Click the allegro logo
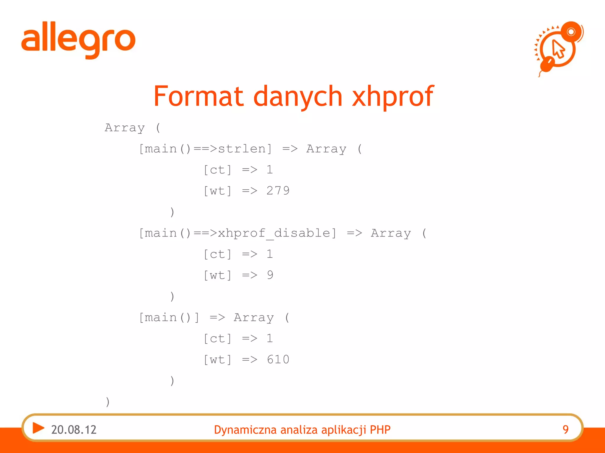78,40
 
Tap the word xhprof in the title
393,96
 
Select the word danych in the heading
298,96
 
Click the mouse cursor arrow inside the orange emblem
558,49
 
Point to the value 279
278,191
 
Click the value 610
278,360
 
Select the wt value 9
270,275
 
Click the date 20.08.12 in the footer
74,430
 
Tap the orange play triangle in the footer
38,428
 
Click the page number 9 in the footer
565,430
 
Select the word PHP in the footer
380,430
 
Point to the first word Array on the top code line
125,128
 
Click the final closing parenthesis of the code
108,402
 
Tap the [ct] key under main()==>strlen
218,170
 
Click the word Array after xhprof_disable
391,233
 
